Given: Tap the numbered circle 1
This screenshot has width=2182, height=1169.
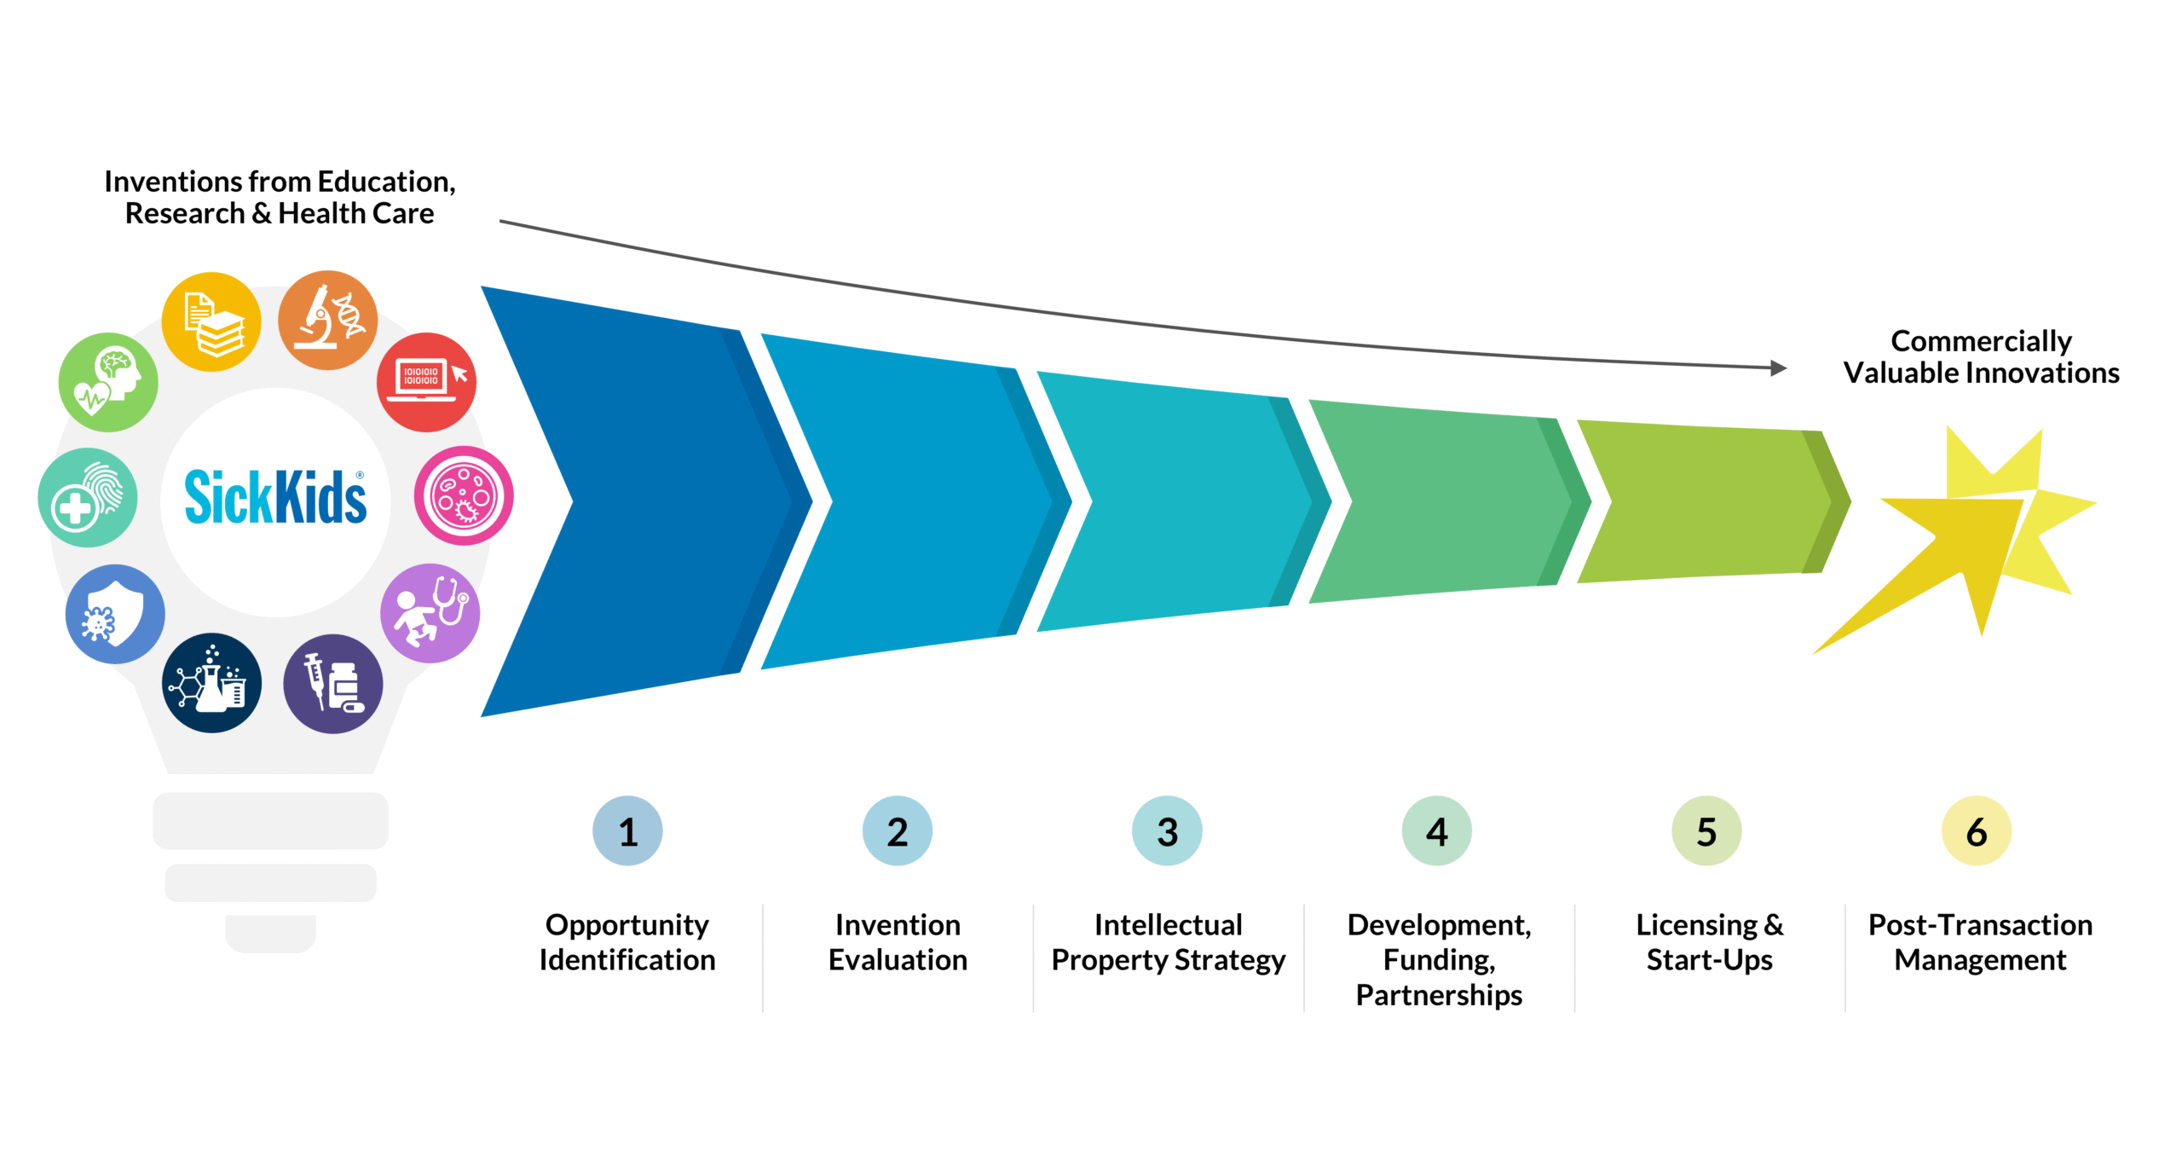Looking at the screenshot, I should click(627, 830).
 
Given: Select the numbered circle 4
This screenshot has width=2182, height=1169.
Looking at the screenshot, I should click(1436, 830).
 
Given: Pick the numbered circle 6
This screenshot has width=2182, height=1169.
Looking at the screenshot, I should click(1976, 830).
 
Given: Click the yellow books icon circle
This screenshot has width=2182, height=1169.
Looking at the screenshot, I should click(211, 321).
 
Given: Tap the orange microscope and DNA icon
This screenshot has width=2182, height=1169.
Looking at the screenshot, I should click(328, 321).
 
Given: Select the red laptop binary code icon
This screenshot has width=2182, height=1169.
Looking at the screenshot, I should click(426, 381).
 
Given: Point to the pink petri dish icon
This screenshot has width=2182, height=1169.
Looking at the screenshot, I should click(464, 495).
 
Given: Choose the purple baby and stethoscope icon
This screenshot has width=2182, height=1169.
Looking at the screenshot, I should click(430, 612).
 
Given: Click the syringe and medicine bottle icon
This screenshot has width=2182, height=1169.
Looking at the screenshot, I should click(333, 684).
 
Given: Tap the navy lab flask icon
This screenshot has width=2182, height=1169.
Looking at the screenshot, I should click(211, 683).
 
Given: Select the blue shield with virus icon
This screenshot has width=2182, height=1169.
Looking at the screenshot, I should click(115, 614).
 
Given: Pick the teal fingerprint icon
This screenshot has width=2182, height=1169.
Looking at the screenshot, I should click(88, 497).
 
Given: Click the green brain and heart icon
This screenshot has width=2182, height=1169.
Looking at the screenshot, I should click(108, 382).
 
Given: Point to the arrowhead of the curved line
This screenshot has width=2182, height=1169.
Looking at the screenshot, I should click(1778, 368).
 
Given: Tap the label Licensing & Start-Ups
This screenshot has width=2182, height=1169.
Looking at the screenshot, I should click(1709, 942).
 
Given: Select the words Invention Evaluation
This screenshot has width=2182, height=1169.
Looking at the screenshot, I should click(898, 942).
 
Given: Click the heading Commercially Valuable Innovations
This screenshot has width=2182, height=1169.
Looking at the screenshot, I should click(1981, 356).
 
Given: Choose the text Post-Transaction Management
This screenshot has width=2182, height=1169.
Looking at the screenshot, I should click(1980, 942).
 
